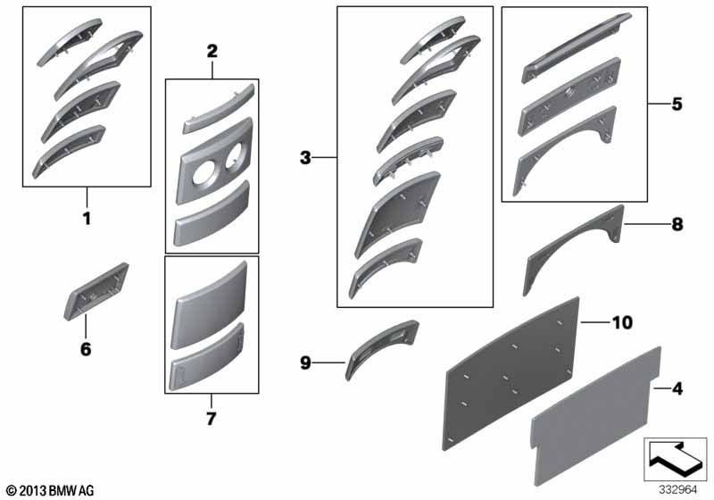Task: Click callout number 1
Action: (x=87, y=219)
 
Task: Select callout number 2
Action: (x=212, y=52)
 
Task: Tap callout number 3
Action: (x=305, y=158)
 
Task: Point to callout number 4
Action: (x=677, y=389)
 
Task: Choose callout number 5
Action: (x=677, y=104)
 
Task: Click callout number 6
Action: (x=86, y=349)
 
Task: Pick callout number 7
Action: (x=212, y=419)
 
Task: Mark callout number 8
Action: (x=677, y=224)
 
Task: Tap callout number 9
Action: (x=305, y=362)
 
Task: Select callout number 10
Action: (x=622, y=322)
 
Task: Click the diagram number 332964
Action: (x=677, y=490)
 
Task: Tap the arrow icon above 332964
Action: (x=676, y=458)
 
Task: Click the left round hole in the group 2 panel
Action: (x=203, y=175)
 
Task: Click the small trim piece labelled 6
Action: (x=95, y=292)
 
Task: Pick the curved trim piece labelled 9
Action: (x=382, y=347)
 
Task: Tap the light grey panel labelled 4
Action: (x=596, y=417)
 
